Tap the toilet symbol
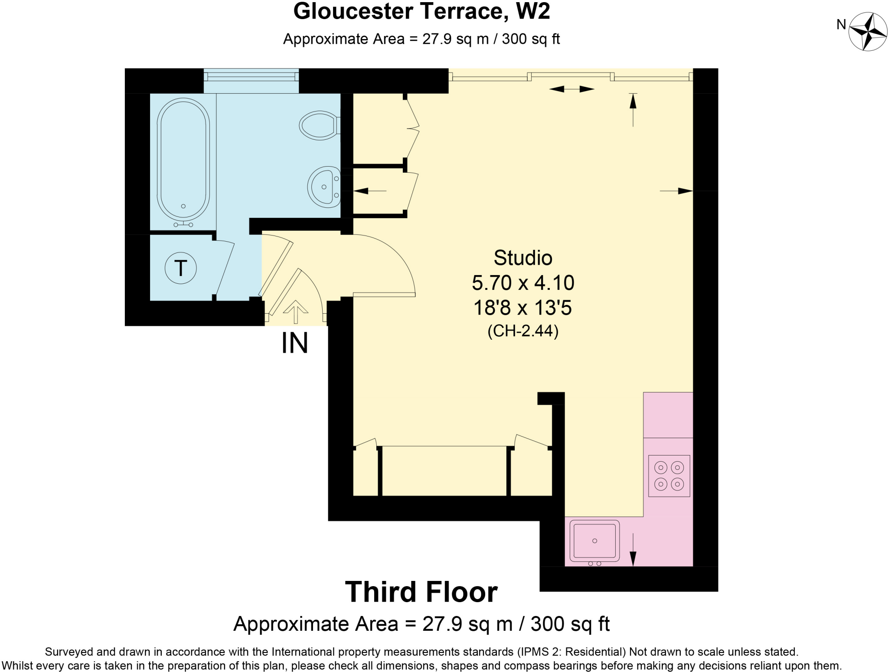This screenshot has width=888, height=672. [319, 125]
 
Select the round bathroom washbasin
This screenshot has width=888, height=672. [324, 187]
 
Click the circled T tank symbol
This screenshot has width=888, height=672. [181, 268]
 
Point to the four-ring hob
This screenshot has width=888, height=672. [669, 476]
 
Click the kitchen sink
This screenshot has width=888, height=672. [594, 541]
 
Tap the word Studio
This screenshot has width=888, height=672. [523, 258]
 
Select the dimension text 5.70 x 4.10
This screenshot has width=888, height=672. [523, 283]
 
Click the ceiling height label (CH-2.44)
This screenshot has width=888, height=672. [523, 331]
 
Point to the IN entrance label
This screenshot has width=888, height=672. [295, 343]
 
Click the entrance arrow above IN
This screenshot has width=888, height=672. [296, 311]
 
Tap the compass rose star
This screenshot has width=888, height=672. [868, 32]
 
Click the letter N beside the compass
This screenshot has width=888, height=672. [841, 25]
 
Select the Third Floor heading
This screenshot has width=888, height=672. [421, 592]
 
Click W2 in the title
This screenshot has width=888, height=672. [532, 11]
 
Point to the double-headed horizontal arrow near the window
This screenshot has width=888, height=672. [571, 89]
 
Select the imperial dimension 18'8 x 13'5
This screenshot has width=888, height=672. [523, 308]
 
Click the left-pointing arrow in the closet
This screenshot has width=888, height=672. [369, 190]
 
